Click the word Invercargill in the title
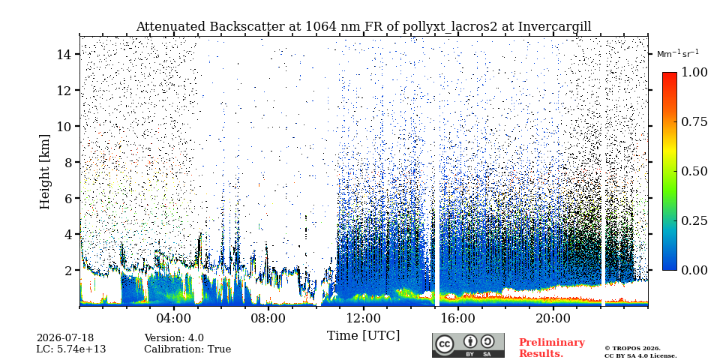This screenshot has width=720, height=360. pyautogui.click(x=555, y=27)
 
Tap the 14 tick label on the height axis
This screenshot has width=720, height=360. pyautogui.click(x=64, y=54)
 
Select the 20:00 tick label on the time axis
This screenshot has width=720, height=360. pyautogui.click(x=553, y=318)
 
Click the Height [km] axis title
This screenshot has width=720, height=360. pyautogui.click(x=44, y=172)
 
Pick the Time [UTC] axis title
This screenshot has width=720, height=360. pyautogui.click(x=363, y=336)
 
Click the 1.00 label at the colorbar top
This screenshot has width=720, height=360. pyautogui.click(x=694, y=72)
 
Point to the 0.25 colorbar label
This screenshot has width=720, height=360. pyautogui.click(x=694, y=220)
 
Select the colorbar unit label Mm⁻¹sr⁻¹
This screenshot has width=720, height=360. pyautogui.click(x=678, y=54)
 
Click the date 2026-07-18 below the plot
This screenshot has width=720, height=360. pyautogui.click(x=65, y=338)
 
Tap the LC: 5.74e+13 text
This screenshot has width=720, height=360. pyautogui.click(x=71, y=349)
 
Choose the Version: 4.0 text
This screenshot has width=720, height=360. pyautogui.click(x=174, y=338)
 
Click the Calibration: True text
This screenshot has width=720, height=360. pyautogui.click(x=187, y=349)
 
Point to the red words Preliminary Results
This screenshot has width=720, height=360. pyautogui.click(x=552, y=348)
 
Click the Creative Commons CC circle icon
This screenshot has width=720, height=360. pyautogui.click(x=444, y=344)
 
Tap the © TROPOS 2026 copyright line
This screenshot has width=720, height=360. pyautogui.click(x=633, y=349)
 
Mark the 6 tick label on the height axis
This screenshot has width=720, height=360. pyautogui.click(x=68, y=198)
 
